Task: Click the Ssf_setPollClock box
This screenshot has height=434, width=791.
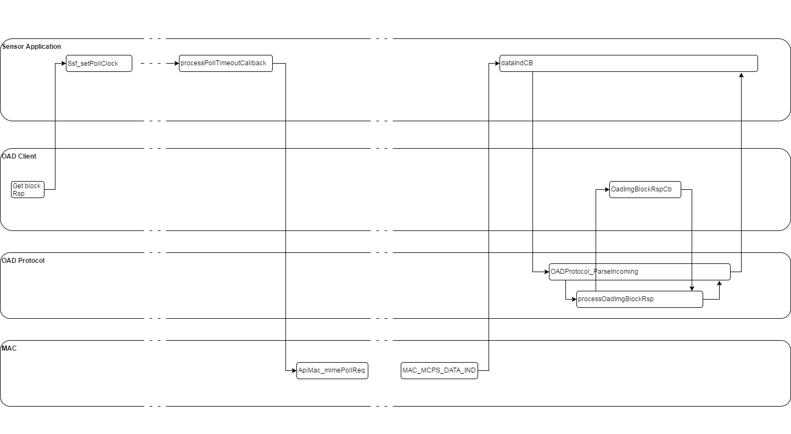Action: coord(99,64)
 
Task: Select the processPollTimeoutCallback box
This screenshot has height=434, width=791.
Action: coord(226,64)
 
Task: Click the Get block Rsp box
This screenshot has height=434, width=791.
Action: coord(27,189)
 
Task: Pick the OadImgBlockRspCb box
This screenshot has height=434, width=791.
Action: coord(645,190)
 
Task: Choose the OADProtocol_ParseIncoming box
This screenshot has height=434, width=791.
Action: coord(639,272)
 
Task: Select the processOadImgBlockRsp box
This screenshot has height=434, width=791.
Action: coord(639,299)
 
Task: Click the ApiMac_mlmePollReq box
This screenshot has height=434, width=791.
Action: coord(332,370)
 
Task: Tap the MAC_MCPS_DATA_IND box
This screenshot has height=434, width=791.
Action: coord(439,370)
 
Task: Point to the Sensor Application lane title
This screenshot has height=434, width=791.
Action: coord(32,47)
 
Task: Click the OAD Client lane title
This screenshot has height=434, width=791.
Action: coord(19,156)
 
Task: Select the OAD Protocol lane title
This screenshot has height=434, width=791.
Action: coord(23,261)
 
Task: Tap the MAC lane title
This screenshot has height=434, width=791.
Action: coord(9,348)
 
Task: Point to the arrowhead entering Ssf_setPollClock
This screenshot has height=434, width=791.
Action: coord(63,63)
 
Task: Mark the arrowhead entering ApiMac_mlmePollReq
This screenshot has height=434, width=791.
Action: coord(294,370)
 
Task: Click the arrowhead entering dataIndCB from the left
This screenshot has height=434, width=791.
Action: coord(497,63)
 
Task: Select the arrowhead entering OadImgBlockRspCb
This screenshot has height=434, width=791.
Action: coord(607,190)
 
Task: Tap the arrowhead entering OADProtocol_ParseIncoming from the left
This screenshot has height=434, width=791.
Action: coord(546,272)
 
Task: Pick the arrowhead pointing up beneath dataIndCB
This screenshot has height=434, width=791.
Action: coord(741,75)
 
